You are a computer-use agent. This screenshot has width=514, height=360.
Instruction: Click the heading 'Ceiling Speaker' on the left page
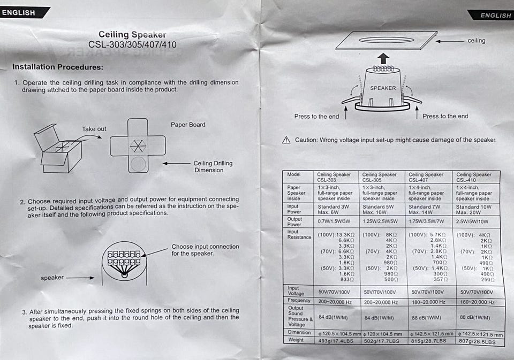132,35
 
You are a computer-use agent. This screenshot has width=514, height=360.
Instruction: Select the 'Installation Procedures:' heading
58,67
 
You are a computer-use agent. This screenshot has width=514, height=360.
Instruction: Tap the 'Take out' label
94,129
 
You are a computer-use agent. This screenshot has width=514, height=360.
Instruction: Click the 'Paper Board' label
188,125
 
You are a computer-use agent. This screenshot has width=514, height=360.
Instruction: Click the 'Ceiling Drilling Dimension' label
213,167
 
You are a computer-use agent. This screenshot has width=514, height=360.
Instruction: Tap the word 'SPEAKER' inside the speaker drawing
383,88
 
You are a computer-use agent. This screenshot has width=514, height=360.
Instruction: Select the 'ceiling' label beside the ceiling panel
477,41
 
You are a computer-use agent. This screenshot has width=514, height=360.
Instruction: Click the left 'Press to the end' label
316,117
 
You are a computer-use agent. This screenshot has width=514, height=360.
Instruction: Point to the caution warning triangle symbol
286,140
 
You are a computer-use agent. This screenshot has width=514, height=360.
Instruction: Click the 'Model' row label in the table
294,175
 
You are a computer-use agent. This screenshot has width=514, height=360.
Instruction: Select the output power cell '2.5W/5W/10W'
472,221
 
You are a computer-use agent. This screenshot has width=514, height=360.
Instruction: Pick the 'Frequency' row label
299,301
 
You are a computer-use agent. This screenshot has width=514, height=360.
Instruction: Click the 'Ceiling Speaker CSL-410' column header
474,177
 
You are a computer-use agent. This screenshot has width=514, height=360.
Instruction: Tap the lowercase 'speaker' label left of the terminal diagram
52,278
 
